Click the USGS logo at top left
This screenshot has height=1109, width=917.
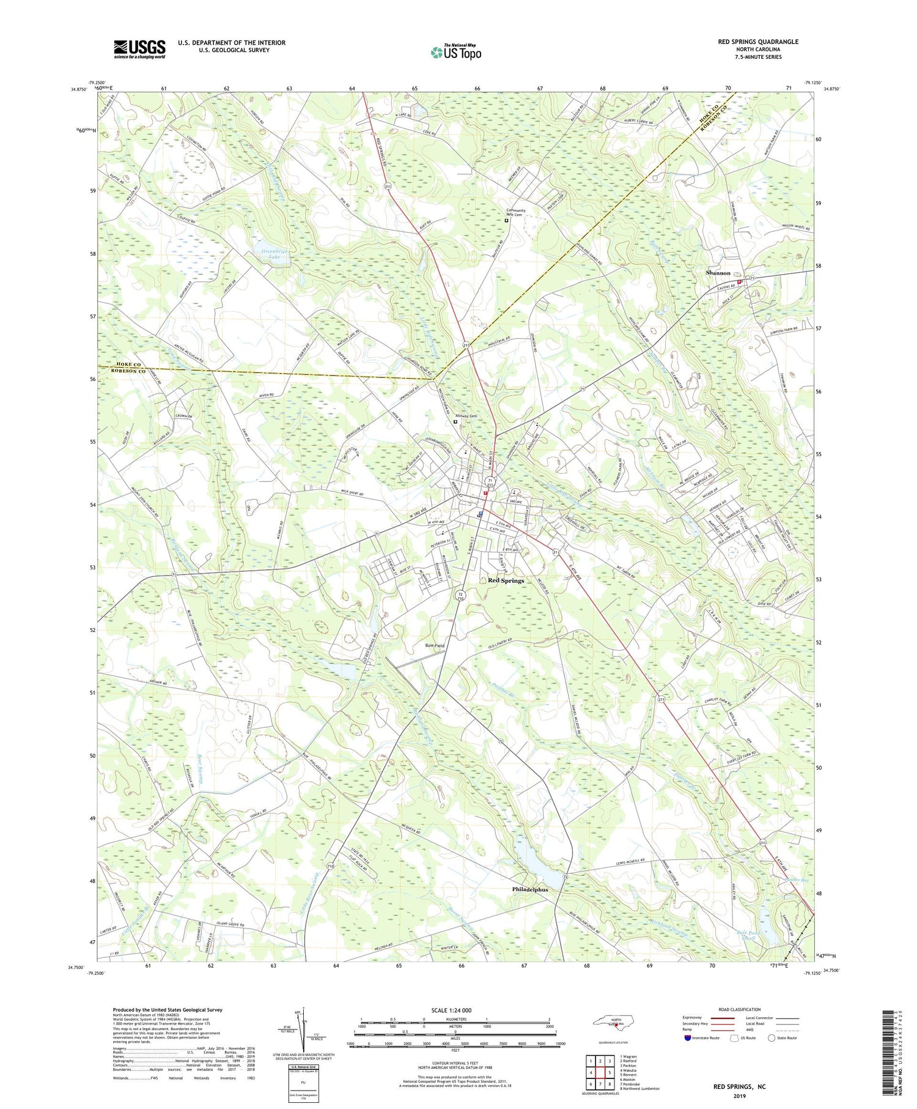point(139,49)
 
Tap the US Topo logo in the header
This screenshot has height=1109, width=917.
point(456,52)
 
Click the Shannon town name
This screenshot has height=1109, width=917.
point(718,273)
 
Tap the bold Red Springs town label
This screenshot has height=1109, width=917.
point(506,580)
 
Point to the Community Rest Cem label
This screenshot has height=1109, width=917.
point(514,212)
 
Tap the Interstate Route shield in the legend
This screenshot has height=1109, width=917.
point(687,1037)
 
